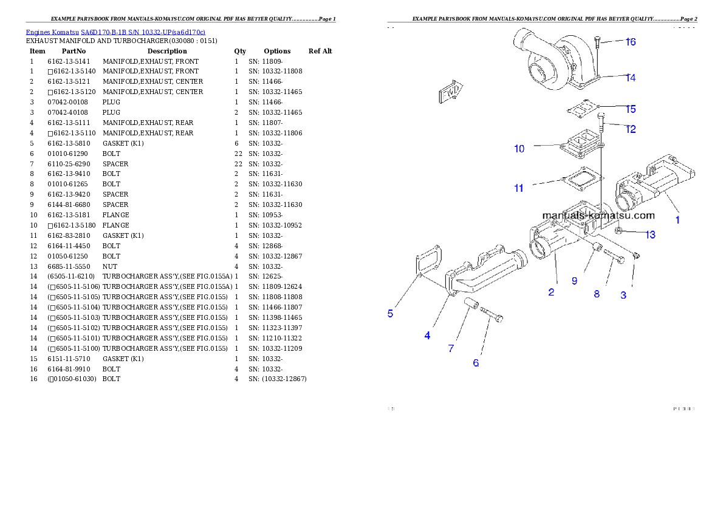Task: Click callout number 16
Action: click(631, 42)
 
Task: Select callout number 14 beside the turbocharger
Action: click(631, 78)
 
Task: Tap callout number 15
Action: click(631, 109)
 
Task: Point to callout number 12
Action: click(631, 129)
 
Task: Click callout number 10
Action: click(519, 149)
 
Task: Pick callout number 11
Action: click(518, 188)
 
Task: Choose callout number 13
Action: click(650, 235)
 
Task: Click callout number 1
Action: click(678, 220)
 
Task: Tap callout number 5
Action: click(390, 314)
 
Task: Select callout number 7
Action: click(451, 348)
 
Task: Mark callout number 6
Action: click(476, 363)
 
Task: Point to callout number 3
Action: click(623, 296)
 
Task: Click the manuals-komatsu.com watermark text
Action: click(598, 215)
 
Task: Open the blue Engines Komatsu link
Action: click(115, 32)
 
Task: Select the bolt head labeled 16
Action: click(598, 39)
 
